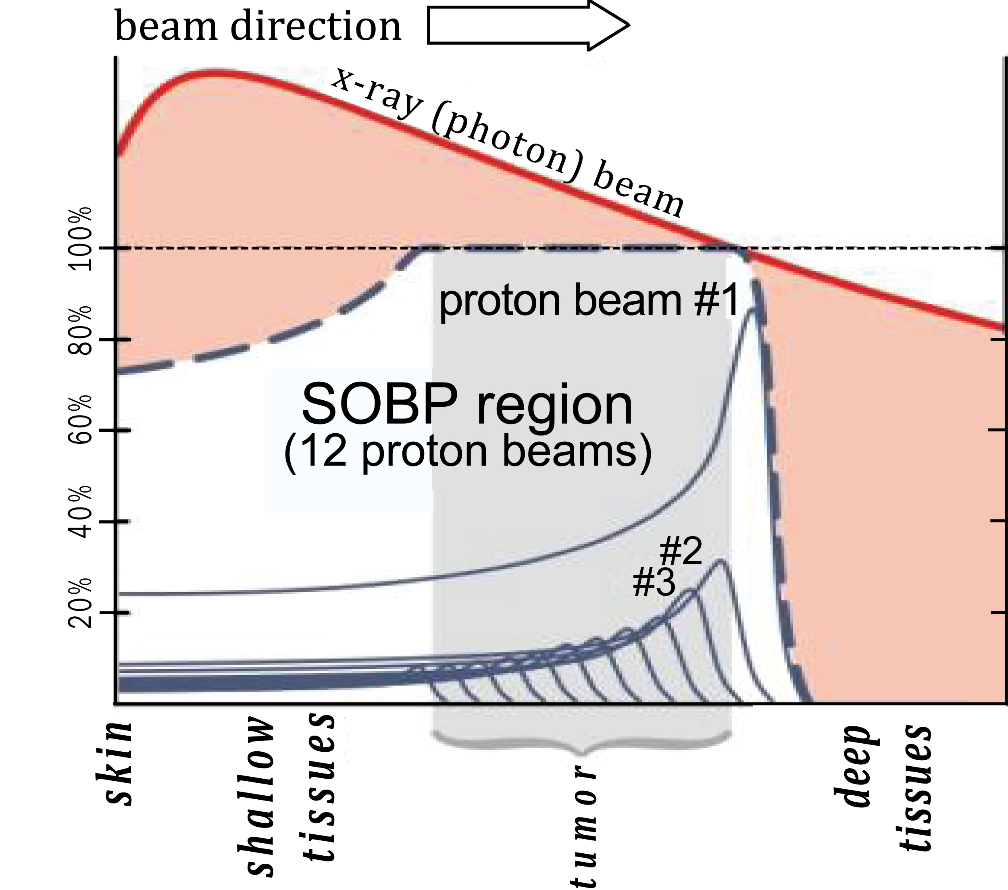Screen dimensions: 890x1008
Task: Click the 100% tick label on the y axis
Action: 80,239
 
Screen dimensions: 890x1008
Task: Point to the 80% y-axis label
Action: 80,331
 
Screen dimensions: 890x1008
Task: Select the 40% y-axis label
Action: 80,512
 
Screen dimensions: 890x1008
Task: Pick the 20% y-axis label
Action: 80,603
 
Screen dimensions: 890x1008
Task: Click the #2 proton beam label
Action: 681,552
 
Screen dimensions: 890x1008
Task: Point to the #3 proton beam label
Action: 654,583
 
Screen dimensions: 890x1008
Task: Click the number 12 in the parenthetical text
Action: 323,451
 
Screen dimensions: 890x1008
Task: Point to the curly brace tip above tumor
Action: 582,753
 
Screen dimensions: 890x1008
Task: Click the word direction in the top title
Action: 316,27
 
